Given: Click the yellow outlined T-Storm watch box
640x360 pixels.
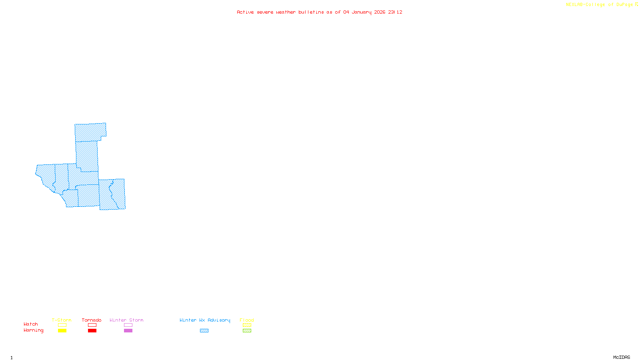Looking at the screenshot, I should [62, 325].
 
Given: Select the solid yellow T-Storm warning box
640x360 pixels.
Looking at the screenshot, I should [62, 331].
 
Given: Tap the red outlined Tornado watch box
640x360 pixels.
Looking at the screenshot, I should [92, 325].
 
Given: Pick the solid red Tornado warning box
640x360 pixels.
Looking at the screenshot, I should [92, 331].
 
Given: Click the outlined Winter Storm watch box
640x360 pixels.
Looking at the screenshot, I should [128, 325].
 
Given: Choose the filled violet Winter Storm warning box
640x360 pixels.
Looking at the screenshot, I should [128, 331].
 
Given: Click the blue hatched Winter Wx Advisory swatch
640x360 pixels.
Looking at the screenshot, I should [204, 331].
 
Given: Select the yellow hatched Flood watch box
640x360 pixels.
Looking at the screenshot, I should [247, 325].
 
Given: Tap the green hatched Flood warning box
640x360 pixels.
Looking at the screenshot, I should [247, 331].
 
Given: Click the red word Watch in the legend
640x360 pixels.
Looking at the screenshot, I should [31, 324].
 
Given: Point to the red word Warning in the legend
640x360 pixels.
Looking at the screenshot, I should [34, 330].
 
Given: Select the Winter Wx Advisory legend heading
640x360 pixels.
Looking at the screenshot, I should [205, 320].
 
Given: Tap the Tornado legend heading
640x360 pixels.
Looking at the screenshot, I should [92, 320].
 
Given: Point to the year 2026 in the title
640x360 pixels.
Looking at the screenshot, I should [380, 12].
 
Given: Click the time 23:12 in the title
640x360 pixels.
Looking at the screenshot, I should [395, 12].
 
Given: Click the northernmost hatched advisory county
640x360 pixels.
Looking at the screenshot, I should [90, 132].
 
